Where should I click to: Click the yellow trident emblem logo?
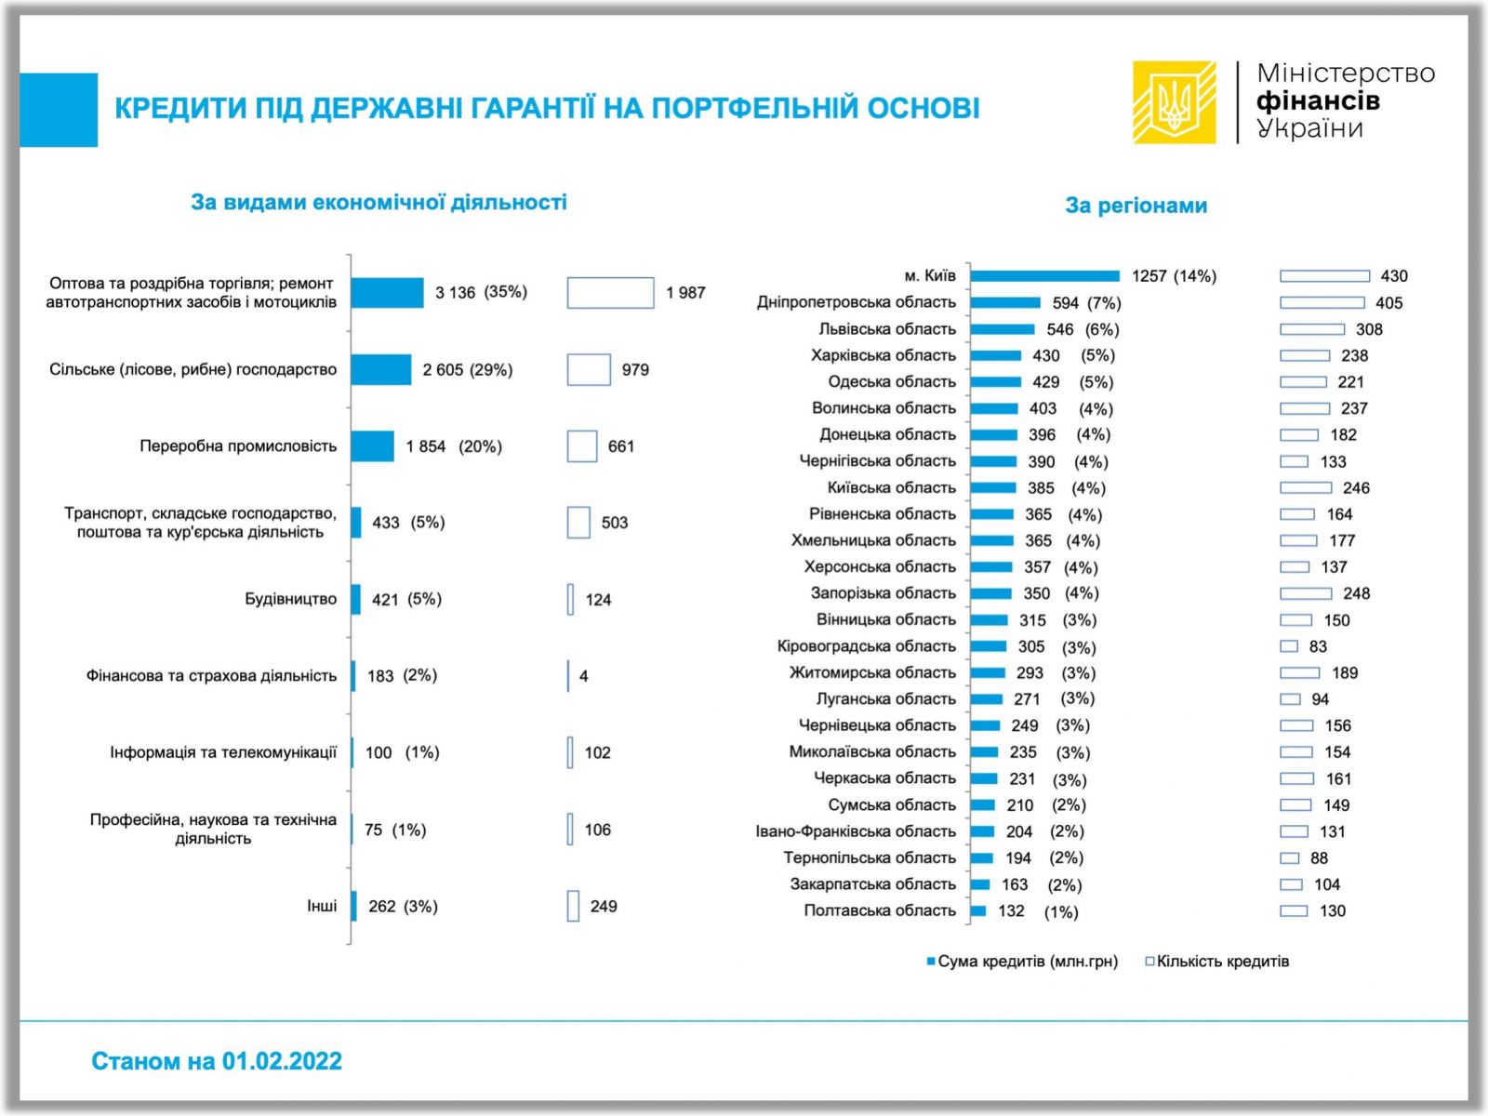[1175, 102]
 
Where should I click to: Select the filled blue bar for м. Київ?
[1044, 276]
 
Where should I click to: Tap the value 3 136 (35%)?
[481, 292]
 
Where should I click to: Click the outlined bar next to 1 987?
[610, 293]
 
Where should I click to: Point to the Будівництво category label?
[290, 599]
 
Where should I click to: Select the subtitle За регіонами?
[1136, 206]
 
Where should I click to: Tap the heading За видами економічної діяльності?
[379, 202]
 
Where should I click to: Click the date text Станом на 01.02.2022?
[217, 1061]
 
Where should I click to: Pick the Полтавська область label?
[879, 910]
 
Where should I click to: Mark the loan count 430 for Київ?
[1393, 276]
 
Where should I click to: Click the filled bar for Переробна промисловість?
[373, 446]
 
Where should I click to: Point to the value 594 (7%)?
[1086, 303]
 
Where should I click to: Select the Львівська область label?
[886, 329]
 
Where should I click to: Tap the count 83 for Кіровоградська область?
[1318, 646]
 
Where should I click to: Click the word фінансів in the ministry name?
[1317, 100]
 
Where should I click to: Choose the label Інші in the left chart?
[322, 906]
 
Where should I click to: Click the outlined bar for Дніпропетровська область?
[1322, 303]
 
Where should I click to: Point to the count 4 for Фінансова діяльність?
[583, 676]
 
